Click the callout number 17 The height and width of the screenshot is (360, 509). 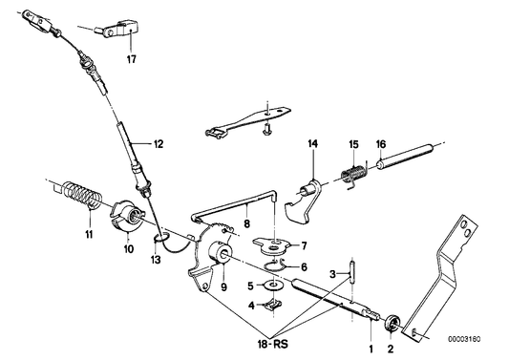(117, 58)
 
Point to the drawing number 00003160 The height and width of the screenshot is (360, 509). (468, 337)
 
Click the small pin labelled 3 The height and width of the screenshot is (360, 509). (351, 266)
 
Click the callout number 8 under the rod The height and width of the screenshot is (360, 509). (246, 226)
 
